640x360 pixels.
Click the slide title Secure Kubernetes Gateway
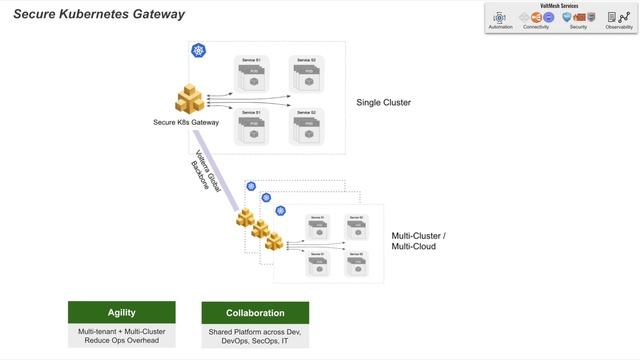point(98,14)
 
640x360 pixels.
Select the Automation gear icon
point(501,18)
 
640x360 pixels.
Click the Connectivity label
point(536,27)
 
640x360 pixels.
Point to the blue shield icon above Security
point(568,18)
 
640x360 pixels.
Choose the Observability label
point(618,27)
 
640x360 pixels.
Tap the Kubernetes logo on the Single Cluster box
point(197,50)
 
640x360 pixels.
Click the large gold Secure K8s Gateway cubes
point(190,100)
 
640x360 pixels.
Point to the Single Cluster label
point(384,103)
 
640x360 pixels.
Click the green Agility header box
point(121,312)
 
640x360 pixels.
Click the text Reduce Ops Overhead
point(121,341)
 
